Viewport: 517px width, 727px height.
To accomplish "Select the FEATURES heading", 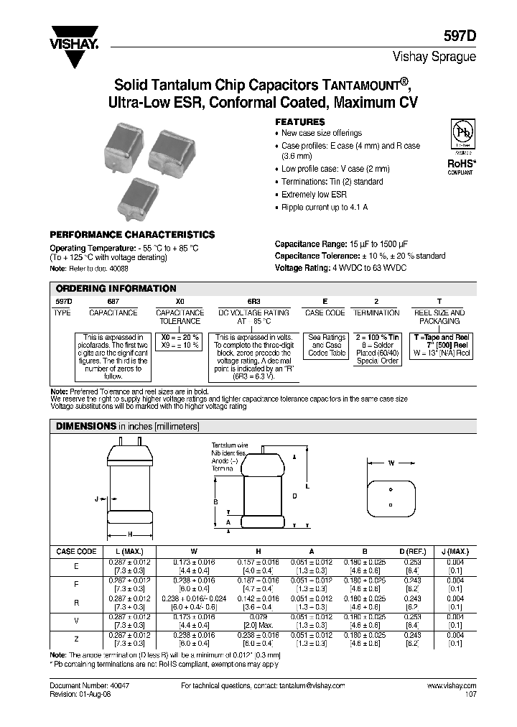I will [x=300, y=122].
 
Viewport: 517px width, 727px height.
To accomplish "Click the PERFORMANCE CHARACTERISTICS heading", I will [x=131, y=235].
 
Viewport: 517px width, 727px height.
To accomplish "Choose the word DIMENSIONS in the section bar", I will [x=86, y=426].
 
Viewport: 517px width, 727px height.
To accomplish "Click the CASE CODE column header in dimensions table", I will [x=76, y=552].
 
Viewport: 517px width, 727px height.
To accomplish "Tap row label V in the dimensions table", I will [x=76, y=619].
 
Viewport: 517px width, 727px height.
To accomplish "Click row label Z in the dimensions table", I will [x=76, y=638].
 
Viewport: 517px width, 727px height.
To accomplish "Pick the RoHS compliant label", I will [x=460, y=166].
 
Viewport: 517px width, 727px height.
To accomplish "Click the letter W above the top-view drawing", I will [x=391, y=463].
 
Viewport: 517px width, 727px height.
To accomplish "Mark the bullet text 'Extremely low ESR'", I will [x=314, y=195].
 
